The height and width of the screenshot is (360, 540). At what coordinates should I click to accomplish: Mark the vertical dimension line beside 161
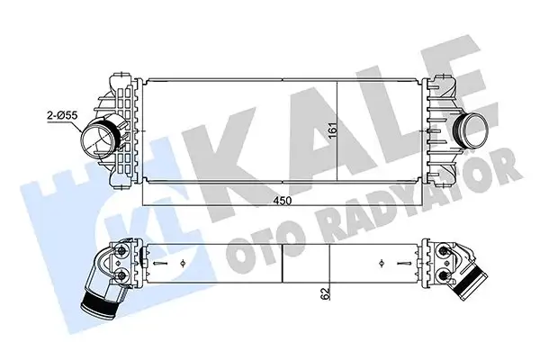coord(337,130)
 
